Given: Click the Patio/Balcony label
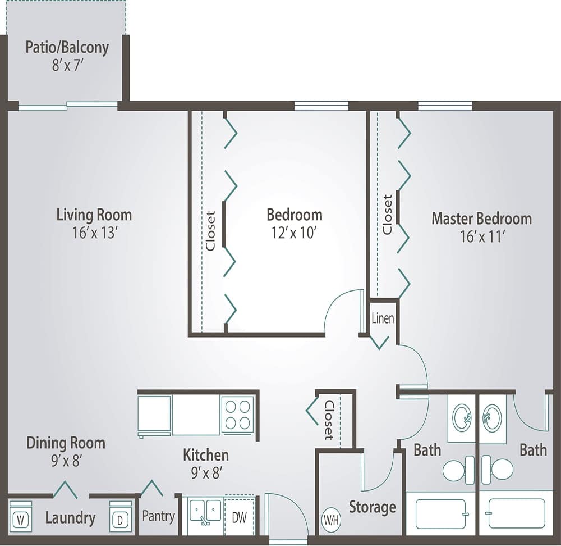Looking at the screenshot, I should tap(67, 47).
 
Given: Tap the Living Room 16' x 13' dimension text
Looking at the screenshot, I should tap(94, 233).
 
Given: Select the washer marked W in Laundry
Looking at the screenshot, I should tap(21, 520).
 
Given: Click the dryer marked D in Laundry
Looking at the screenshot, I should tap(120, 520).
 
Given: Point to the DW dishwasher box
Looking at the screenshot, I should tap(240, 517).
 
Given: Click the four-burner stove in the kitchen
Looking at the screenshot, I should tap(238, 415).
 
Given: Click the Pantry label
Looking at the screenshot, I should tap(158, 516).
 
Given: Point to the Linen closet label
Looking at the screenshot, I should tap(383, 319).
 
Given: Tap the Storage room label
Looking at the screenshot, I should tap(373, 507).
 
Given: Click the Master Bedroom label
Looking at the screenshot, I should tap(481, 219).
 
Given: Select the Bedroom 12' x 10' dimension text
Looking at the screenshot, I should tap(295, 233).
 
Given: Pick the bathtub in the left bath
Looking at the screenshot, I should tap(440, 513).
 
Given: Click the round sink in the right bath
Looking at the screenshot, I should tap(493, 418).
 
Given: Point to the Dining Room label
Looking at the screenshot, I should tap(66, 443).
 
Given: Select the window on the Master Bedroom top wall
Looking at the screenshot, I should tap(445, 106).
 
